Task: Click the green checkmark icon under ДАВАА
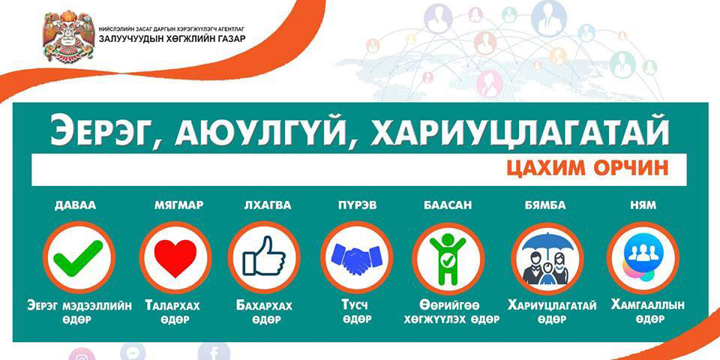(79, 258)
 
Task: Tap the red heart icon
(175, 257)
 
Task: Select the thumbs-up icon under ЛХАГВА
(263, 256)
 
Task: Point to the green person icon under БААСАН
(448, 258)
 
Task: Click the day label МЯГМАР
(178, 205)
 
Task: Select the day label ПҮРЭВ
(356, 205)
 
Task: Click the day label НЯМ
(643, 205)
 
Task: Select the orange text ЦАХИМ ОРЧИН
(587, 169)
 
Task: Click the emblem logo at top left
(68, 36)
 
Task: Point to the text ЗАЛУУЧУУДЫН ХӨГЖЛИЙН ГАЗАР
(172, 38)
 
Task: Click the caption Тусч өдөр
(355, 312)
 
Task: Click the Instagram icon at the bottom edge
(82, 355)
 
